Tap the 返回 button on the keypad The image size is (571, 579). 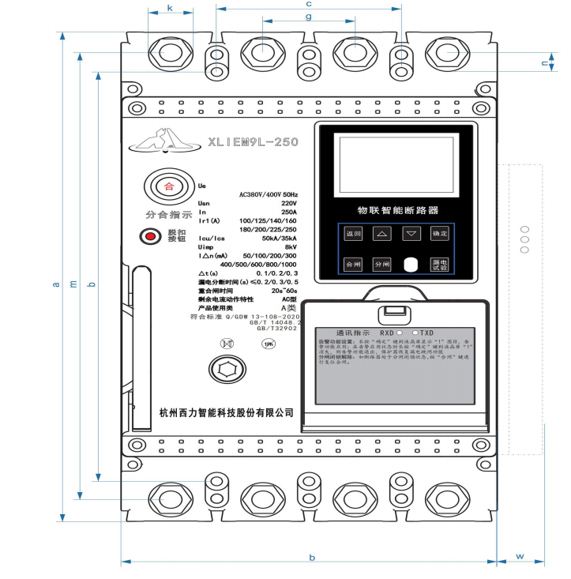click(352, 234)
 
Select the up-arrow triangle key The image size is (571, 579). click(381, 234)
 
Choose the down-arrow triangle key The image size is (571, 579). click(411, 234)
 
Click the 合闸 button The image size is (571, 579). click(352, 265)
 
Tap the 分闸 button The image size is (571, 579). click(381, 265)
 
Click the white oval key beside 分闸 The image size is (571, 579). click(411, 265)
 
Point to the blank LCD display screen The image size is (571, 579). click(395, 164)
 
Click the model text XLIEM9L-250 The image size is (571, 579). click(253, 143)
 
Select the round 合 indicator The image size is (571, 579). click(167, 187)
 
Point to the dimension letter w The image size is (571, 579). click(520, 556)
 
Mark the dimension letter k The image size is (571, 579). click(171, 9)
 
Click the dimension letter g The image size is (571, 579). click(309, 16)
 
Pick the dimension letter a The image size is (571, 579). click(55, 284)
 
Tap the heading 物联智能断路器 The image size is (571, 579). click(393, 211)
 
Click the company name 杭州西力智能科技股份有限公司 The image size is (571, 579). click(227, 412)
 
